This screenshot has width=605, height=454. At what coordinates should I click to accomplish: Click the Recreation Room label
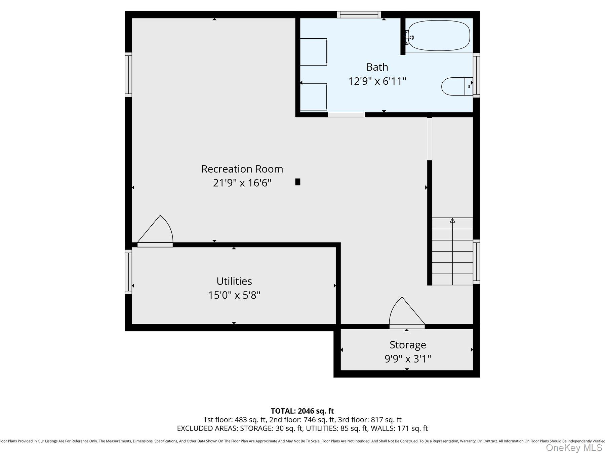[x=242, y=169]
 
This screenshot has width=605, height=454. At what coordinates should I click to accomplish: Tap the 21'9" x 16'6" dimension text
[x=242, y=183]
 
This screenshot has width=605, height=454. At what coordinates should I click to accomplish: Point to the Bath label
[x=377, y=67]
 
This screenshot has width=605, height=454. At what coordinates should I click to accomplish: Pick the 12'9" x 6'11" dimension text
[x=377, y=81]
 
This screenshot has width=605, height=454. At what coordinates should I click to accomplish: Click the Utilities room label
[x=234, y=281]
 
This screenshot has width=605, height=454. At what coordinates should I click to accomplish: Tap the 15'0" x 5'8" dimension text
[x=234, y=295]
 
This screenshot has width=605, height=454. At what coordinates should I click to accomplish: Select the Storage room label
[x=408, y=345]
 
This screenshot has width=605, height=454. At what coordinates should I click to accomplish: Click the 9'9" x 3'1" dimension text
[x=408, y=359]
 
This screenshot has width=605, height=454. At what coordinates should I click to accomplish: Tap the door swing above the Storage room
[x=405, y=313]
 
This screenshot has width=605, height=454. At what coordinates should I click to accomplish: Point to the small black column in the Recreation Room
[x=297, y=182]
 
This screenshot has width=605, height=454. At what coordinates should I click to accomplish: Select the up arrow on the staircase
[x=452, y=221]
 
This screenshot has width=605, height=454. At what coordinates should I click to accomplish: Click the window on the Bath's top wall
[x=359, y=14]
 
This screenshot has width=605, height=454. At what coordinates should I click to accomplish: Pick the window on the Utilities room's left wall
[x=128, y=272]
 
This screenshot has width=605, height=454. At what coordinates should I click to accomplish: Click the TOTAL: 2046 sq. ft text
[x=302, y=411]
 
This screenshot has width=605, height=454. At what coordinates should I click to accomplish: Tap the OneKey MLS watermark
[x=574, y=448]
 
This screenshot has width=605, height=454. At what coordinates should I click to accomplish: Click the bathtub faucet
[x=409, y=37]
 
